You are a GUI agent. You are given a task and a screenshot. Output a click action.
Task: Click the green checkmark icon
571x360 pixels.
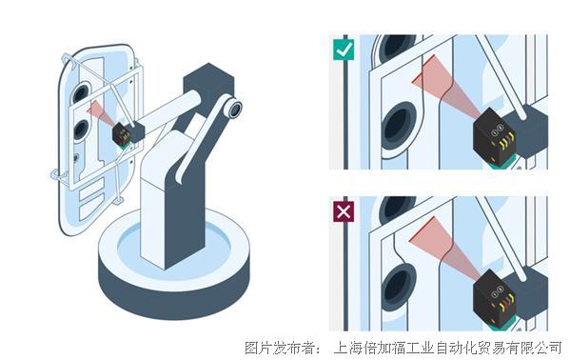coord(344,50)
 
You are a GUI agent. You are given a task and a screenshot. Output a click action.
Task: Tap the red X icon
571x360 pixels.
coord(344,211)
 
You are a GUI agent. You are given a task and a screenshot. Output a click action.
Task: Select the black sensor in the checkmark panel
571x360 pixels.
coord(495,136)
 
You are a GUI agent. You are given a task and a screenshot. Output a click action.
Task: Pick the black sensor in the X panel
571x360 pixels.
coord(495,298)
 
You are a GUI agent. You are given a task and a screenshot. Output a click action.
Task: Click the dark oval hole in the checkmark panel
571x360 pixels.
coord(399,126)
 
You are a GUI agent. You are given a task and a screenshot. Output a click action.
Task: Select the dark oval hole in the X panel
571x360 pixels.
coord(398,287)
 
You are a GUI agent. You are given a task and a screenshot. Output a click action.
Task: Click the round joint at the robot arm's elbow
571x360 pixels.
coord(233,109)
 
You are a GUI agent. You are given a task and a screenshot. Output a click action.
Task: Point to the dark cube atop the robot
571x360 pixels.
coord(207,85)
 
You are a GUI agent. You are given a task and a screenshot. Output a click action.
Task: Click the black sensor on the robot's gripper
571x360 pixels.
coord(122,133)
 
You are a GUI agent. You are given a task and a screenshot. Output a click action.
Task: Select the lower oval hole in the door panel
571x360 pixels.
coord(81,130)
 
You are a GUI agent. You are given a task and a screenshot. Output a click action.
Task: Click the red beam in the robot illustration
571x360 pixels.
coord(99,112)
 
